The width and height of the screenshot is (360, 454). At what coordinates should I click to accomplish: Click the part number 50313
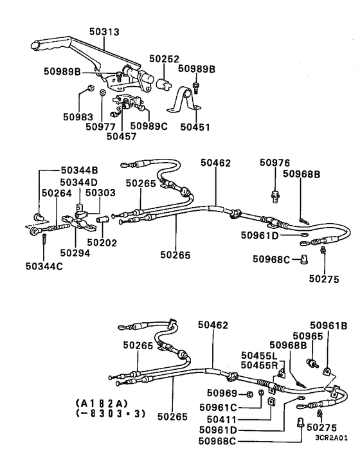click(105, 31)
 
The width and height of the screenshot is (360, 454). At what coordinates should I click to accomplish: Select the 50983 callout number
click(78, 117)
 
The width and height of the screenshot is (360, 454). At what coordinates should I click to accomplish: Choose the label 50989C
click(148, 126)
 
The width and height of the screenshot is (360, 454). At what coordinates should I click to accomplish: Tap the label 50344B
click(79, 170)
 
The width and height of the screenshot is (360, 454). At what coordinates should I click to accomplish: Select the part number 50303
click(100, 192)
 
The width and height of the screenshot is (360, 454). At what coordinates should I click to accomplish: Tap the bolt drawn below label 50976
click(274, 192)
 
